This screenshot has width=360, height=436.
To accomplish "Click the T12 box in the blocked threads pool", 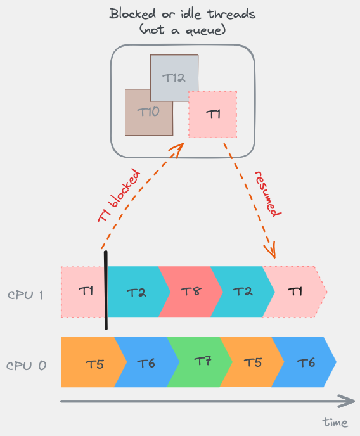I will (174, 77).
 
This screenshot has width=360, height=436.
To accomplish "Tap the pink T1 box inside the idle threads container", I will (214, 114).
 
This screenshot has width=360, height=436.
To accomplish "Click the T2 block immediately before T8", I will (136, 292).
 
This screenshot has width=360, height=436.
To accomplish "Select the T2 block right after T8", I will (242, 292).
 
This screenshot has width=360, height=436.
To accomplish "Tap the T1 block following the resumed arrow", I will (295, 292).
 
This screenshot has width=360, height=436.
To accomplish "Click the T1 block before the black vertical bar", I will (84, 292).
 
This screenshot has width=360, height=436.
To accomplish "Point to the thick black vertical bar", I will (106, 290).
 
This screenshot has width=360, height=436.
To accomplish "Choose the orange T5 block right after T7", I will (253, 362).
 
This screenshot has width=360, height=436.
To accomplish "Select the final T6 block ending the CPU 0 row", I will (307, 362).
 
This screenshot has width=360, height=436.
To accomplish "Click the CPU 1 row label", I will (27, 295).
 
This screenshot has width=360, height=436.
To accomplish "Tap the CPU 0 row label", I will (27, 365).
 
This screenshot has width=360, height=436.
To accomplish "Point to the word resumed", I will (266, 193).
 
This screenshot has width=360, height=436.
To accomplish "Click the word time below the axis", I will (335, 422).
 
